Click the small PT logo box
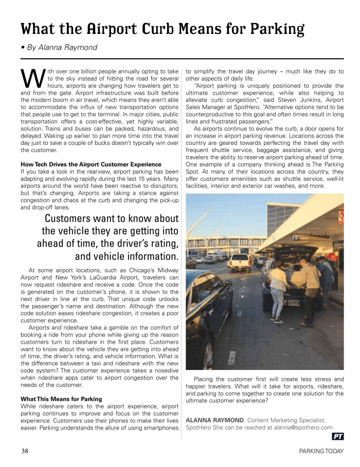338,437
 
